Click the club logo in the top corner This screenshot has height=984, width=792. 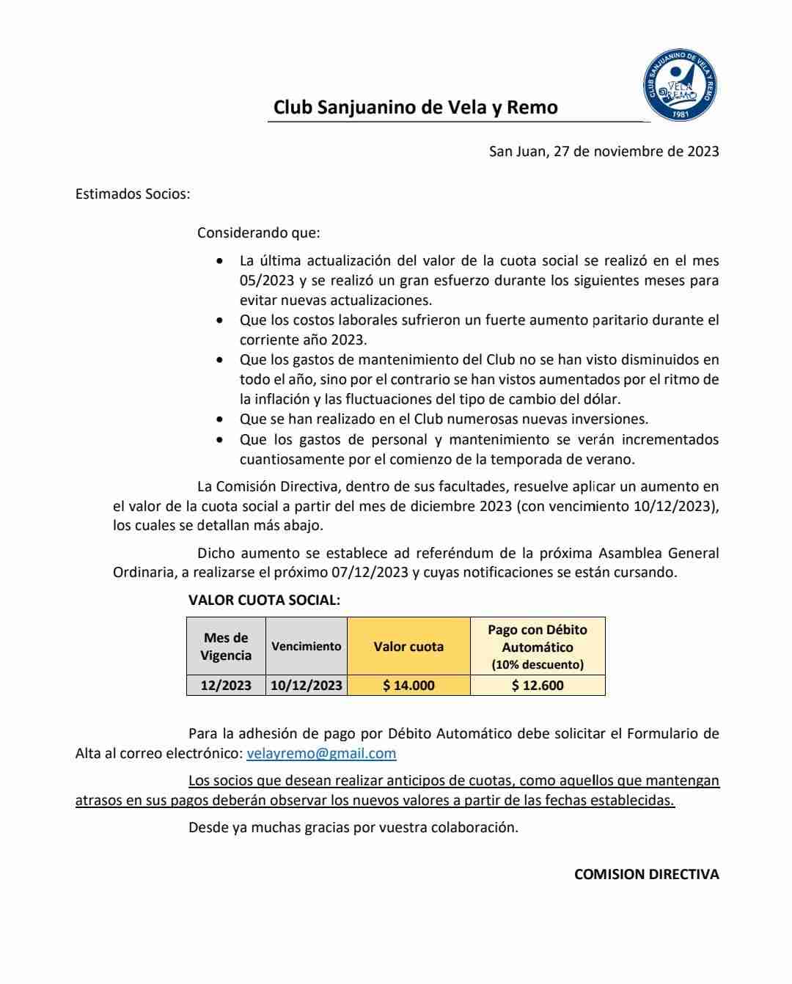[x=680, y=86]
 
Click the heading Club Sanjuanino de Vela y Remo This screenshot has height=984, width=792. [x=415, y=107]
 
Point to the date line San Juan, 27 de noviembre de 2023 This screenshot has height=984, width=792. [x=604, y=152]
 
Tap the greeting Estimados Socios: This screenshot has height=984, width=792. [x=133, y=194]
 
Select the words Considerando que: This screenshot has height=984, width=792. [x=258, y=233]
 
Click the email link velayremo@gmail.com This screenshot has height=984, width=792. [x=321, y=753]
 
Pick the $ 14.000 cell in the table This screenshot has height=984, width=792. [x=408, y=686]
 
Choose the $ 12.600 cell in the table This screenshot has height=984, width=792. [x=538, y=686]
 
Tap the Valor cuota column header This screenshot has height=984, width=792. [x=408, y=647]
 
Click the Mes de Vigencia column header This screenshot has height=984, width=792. [x=226, y=647]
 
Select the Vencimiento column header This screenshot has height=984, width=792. [x=306, y=647]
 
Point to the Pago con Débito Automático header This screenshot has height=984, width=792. [x=538, y=639]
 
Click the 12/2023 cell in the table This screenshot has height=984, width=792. [x=226, y=686]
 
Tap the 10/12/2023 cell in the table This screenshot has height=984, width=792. [x=306, y=686]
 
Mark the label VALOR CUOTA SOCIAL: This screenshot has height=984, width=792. [x=264, y=600]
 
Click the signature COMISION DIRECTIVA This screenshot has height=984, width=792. [x=646, y=874]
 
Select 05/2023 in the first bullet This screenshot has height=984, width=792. [x=268, y=281]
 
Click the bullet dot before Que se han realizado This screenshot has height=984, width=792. [x=220, y=420]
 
